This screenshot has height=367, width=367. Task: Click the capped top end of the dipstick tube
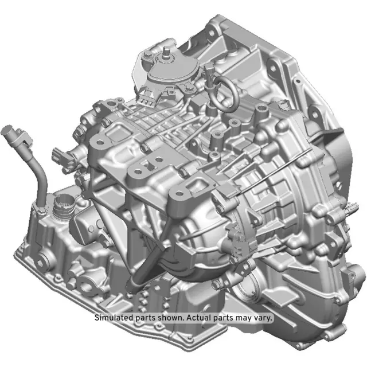[13, 135]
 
